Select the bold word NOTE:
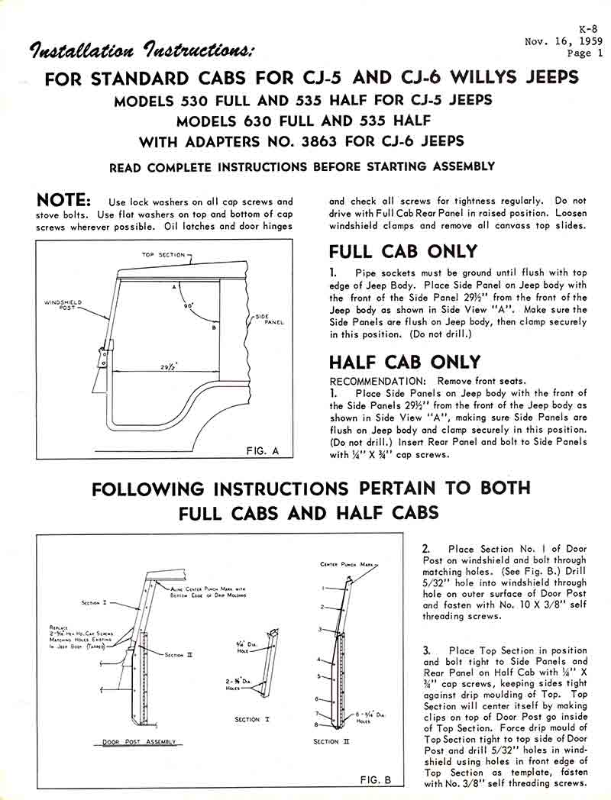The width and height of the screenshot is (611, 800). click(x=65, y=201)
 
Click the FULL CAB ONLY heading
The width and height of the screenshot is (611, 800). click(x=403, y=251)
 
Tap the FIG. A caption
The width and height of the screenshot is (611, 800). click(x=263, y=450)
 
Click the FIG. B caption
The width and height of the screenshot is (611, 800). click(x=375, y=779)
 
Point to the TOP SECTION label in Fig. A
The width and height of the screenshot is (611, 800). click(x=160, y=255)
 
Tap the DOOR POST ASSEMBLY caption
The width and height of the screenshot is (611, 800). click(x=139, y=741)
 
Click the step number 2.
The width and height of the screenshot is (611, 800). click(x=426, y=549)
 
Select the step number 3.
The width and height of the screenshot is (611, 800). click(x=426, y=650)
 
